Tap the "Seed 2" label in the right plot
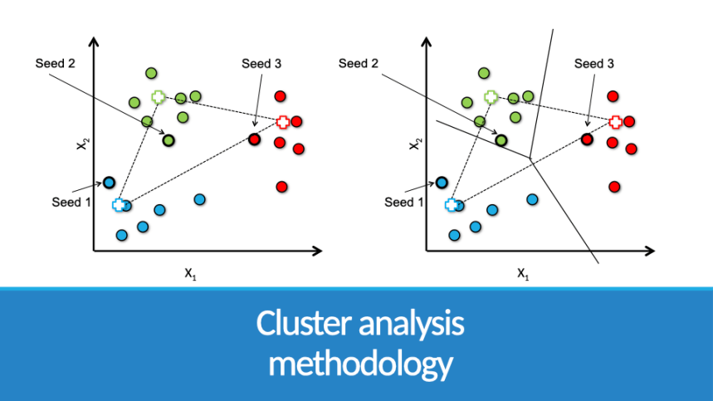(x=359, y=64)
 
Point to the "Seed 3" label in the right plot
(x=594, y=64)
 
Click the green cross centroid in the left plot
(x=159, y=97)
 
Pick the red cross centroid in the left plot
(x=283, y=122)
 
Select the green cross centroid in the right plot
(x=491, y=97)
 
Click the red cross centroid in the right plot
(x=615, y=122)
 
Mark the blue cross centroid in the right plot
(x=452, y=204)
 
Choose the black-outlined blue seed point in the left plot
(x=109, y=182)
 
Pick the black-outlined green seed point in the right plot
(x=501, y=140)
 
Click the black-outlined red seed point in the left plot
(x=255, y=139)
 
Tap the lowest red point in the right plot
(x=614, y=187)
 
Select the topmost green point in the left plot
(x=151, y=73)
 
